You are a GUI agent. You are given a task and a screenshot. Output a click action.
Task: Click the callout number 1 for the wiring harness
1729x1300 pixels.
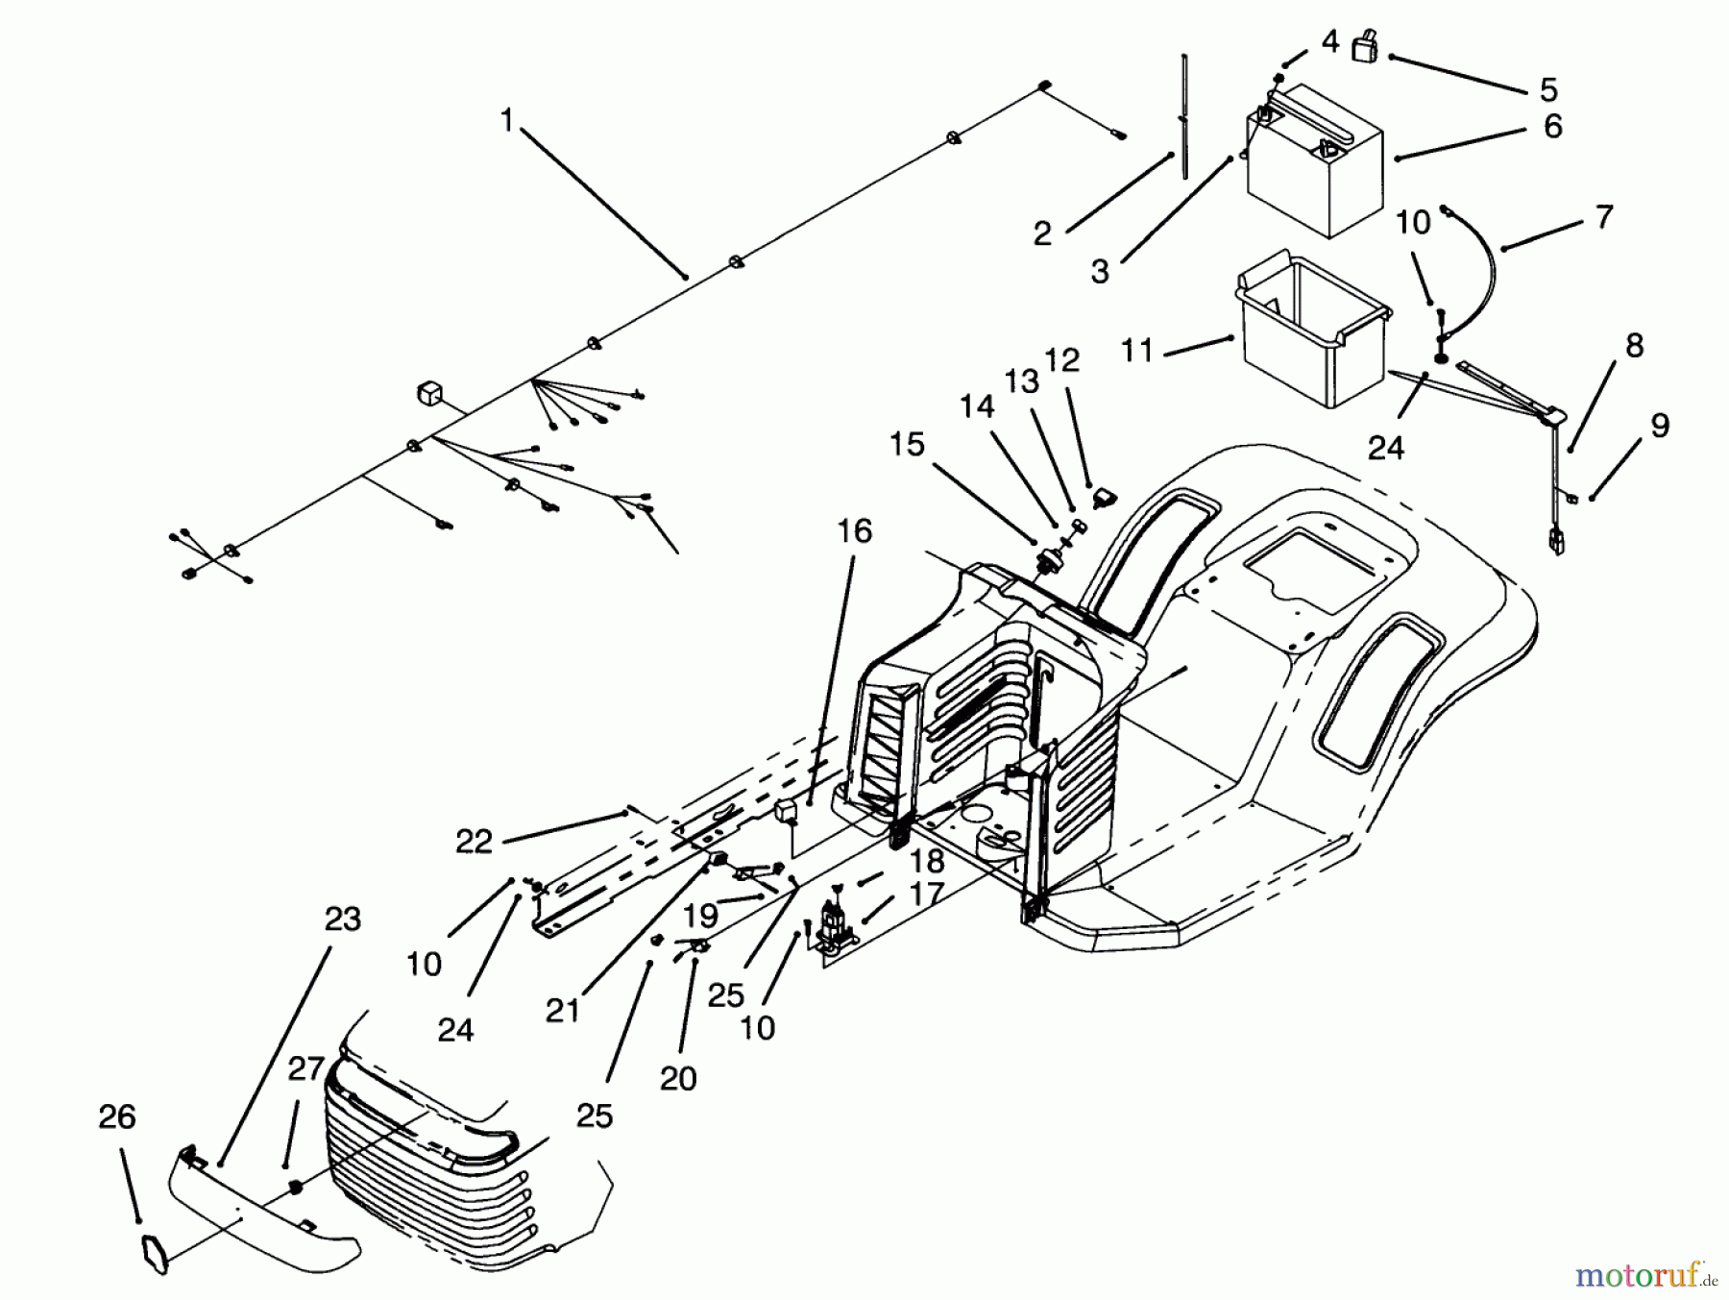pos(507,120)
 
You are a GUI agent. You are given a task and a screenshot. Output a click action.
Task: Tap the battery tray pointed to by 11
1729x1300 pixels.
pos(1311,331)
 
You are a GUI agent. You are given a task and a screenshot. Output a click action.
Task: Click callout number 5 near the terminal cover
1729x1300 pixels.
pos(1548,89)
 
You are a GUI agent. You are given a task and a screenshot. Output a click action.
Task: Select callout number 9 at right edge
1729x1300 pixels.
pos(1660,426)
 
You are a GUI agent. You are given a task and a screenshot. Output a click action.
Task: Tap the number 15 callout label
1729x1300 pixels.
pos(907,445)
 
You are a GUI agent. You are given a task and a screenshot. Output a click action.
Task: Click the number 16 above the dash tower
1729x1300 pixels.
pos(855,530)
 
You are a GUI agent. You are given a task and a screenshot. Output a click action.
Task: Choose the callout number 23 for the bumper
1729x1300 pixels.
pos(343,919)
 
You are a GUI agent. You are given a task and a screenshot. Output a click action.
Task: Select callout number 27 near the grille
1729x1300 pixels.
pos(306,1068)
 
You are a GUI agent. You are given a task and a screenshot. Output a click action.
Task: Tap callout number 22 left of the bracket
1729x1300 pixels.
pos(474,842)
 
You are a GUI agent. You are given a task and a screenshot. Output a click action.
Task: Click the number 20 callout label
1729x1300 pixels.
pos(678,1079)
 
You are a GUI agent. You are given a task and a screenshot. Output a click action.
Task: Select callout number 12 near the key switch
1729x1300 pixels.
pos(1062,360)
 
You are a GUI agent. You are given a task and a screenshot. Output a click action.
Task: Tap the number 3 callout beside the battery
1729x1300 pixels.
pos(1100,272)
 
